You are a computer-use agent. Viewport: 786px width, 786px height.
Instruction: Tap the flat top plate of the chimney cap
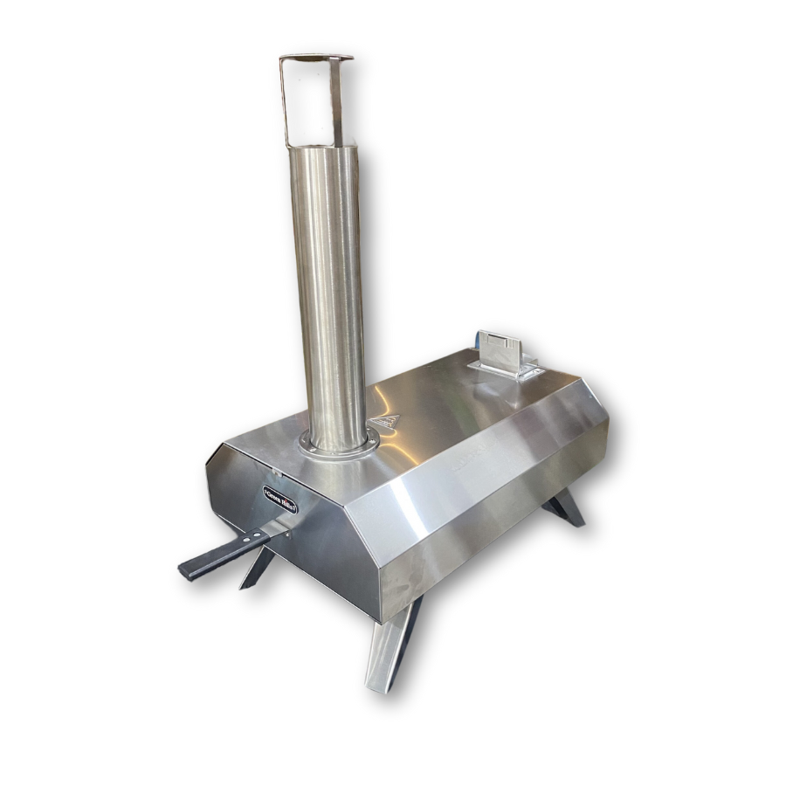click(x=316, y=58)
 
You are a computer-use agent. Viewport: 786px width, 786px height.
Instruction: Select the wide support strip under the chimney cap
click(x=336, y=100)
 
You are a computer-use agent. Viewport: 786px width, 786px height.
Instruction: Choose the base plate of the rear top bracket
click(x=507, y=370)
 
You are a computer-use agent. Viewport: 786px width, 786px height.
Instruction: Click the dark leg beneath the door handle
click(x=257, y=569)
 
